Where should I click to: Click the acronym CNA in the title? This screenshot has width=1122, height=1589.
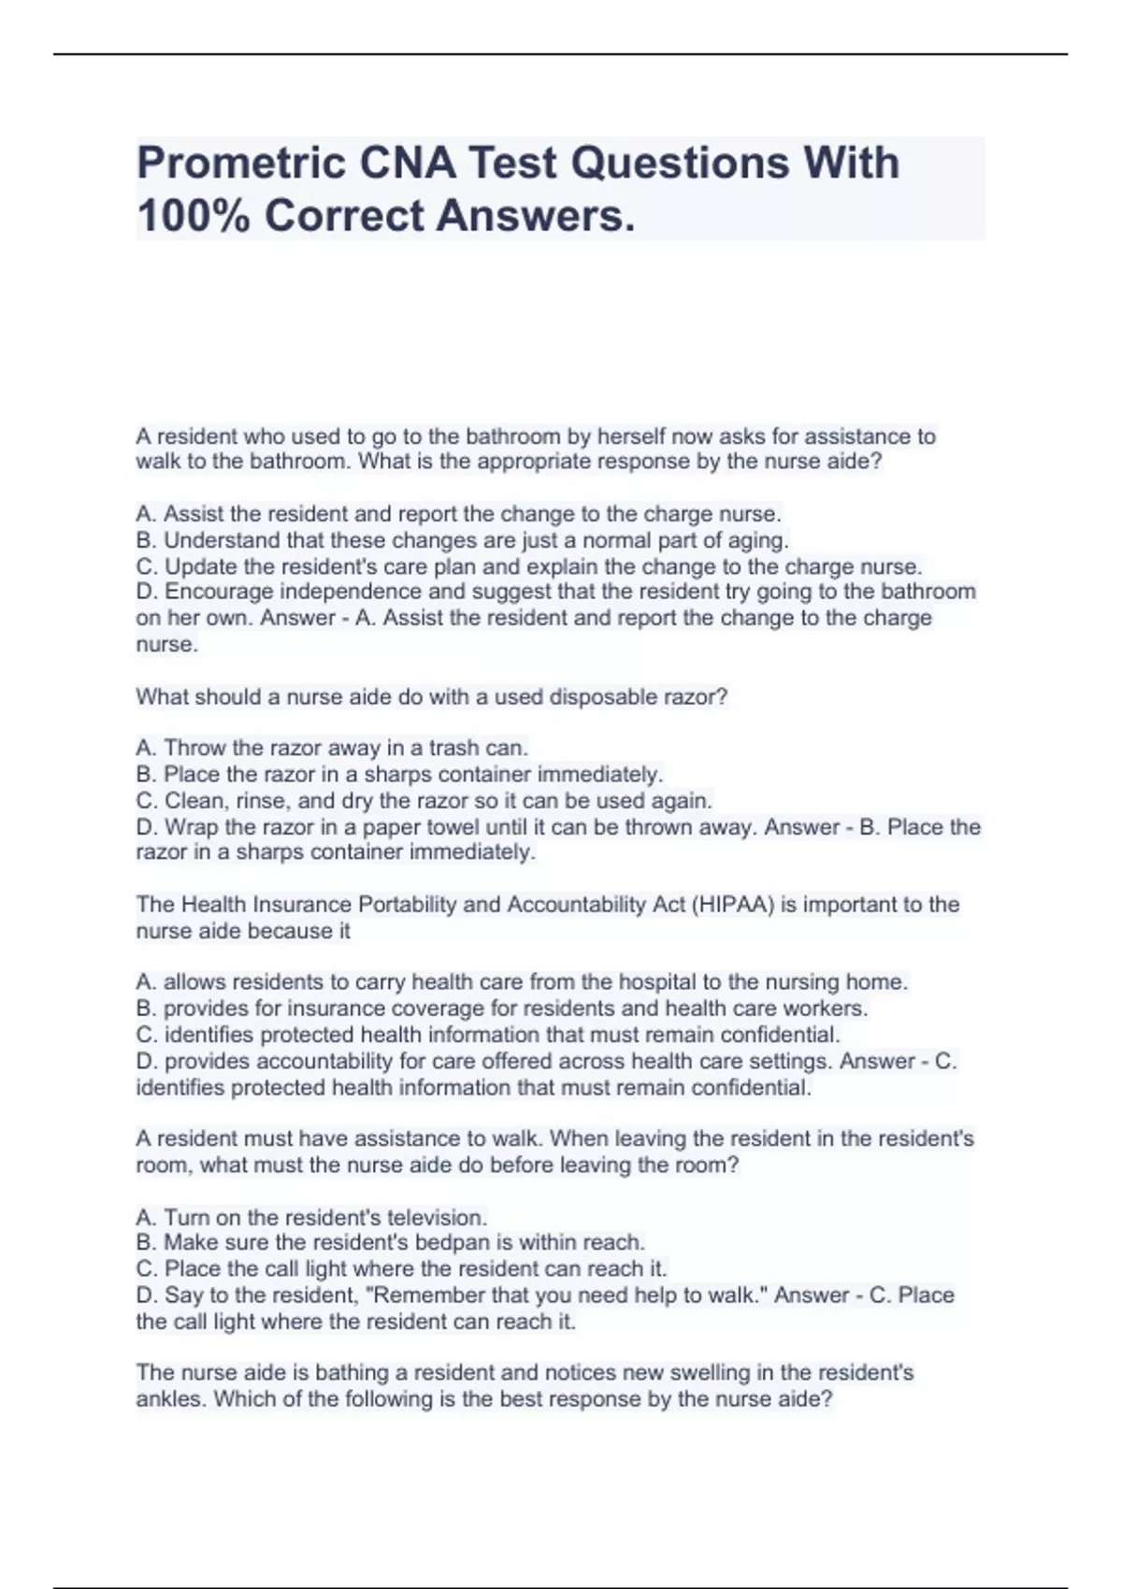[407, 164]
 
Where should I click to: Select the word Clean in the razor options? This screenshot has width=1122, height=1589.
[194, 801]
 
